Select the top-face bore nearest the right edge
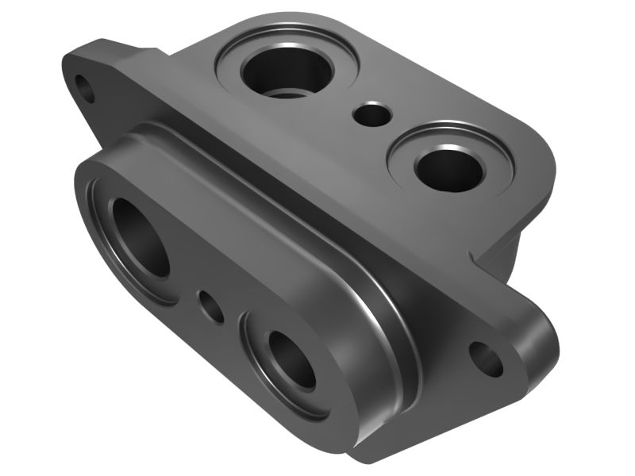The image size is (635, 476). point(449,169)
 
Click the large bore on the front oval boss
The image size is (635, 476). point(141,236)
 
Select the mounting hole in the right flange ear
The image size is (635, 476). point(486,359)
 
